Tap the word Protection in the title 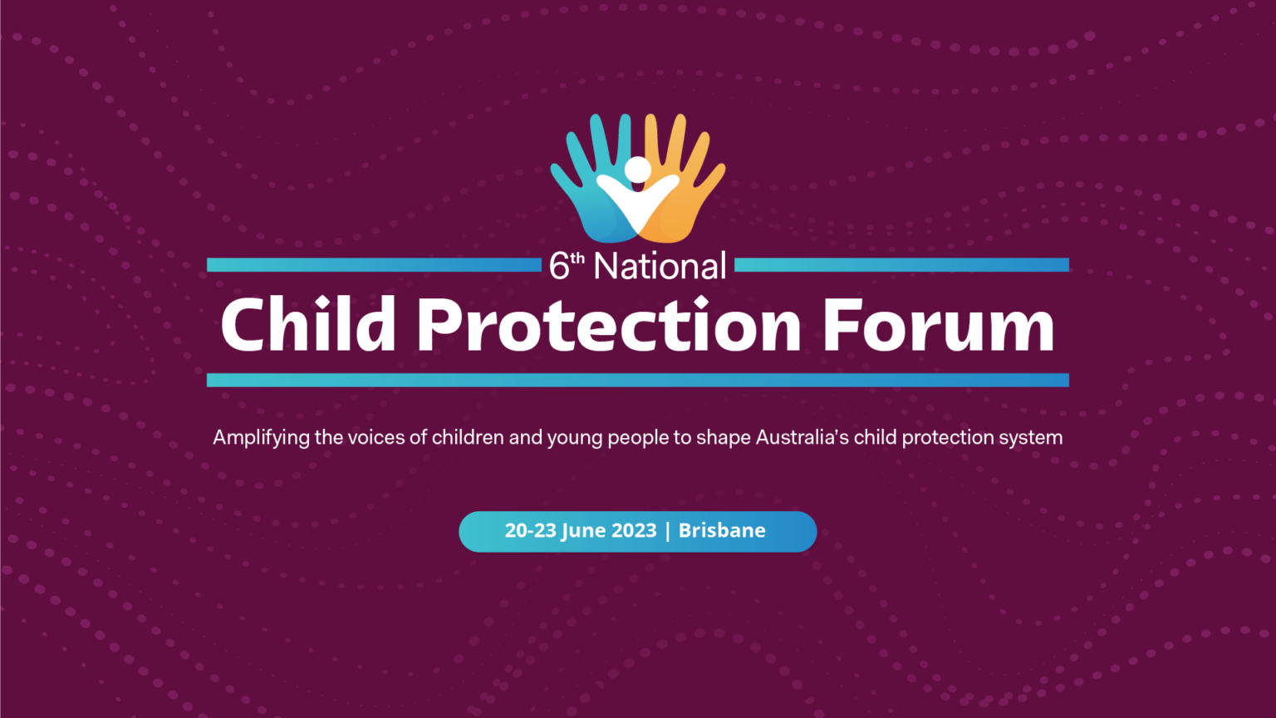[x=609, y=326]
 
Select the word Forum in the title [x=939, y=326]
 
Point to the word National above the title [x=660, y=267]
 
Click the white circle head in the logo [x=638, y=170]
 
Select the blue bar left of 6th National [x=374, y=265]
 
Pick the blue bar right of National [x=901, y=265]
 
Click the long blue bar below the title [x=638, y=380]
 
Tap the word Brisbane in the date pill [x=722, y=531]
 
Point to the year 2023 [x=634, y=531]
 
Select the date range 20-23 [x=530, y=531]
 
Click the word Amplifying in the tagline [x=261, y=438]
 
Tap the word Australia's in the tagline [x=802, y=437]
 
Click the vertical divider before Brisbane [x=667, y=531]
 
